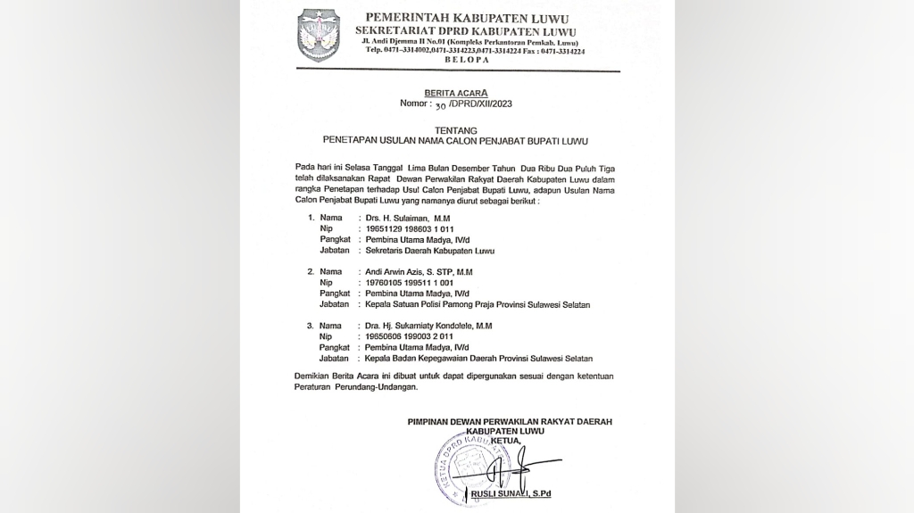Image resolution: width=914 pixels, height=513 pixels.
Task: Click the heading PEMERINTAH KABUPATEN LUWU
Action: click(x=467, y=19)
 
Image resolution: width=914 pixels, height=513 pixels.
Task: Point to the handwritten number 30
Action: click(x=439, y=105)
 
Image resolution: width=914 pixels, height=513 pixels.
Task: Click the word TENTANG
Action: click(x=456, y=130)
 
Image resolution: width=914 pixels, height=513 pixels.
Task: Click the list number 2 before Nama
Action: click(x=310, y=271)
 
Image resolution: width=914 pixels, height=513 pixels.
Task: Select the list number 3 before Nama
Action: click(x=310, y=326)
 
